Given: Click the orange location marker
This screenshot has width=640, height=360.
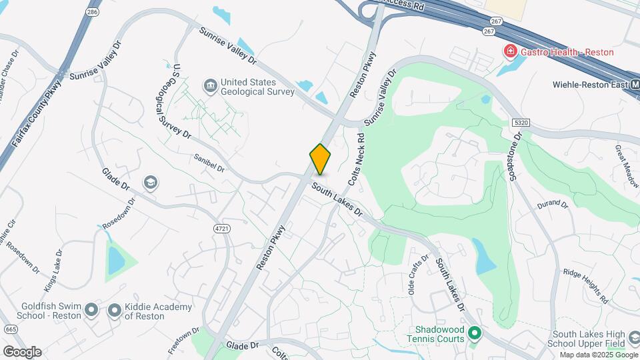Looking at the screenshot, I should (321, 159).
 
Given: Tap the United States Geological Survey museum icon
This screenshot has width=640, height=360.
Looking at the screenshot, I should (210, 86).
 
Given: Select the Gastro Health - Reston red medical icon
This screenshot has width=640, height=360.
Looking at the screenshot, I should (510, 51).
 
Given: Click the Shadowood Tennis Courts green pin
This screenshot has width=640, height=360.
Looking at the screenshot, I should (475, 332).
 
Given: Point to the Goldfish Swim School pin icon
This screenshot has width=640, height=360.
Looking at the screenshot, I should (91, 311).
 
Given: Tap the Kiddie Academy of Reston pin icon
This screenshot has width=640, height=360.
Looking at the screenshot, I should (115, 311).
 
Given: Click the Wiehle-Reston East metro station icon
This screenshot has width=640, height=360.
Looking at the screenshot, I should (633, 85).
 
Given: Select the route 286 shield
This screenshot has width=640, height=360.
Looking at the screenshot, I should (93, 12).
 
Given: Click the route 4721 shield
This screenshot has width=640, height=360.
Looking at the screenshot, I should (221, 229).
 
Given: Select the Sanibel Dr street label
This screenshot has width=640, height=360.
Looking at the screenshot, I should (209, 163).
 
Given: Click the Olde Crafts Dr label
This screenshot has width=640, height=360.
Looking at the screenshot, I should (417, 275).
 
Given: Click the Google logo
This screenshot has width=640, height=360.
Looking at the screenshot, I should (22, 351).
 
